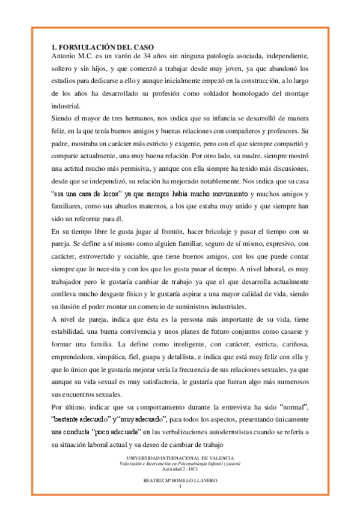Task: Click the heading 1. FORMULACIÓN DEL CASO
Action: click(102, 47)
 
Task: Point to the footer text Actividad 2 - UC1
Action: click(180, 469)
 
